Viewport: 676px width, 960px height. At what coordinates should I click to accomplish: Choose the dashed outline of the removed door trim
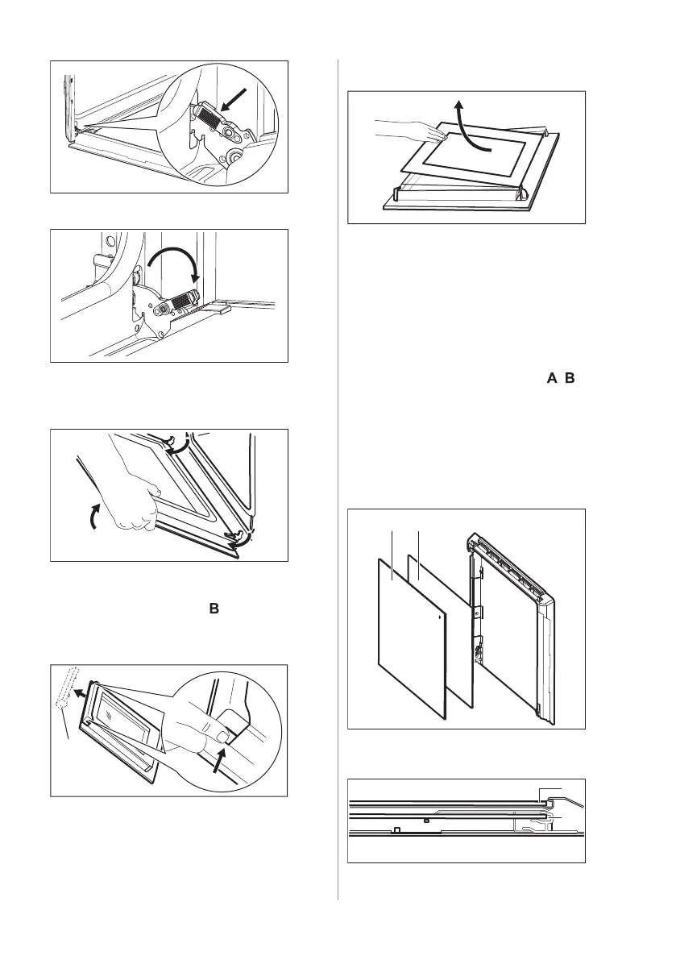[x=62, y=688]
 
